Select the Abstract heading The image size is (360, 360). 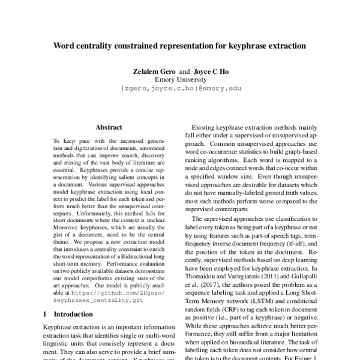pos(109,127)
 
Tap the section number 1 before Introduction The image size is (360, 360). pos(46,313)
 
